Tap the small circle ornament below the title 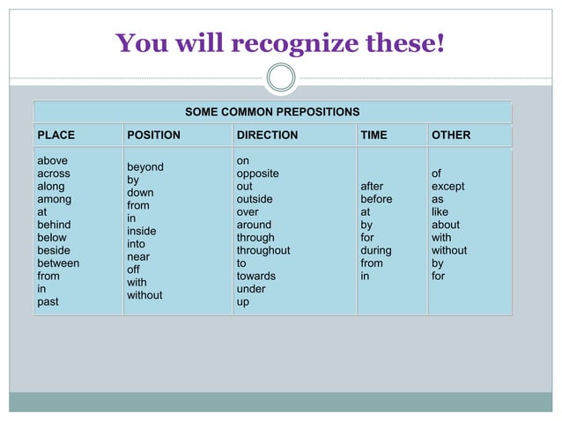coord(281,78)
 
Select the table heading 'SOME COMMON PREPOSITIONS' coord(272,112)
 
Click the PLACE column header coord(55,136)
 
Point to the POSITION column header coord(153,136)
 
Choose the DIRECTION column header coord(267,136)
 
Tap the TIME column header coord(373,136)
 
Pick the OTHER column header coord(451,136)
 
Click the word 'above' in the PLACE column coord(52,161)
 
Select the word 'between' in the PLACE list coord(58,263)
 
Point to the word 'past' coord(48,302)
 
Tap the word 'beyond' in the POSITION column coord(145,167)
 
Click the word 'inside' coord(142,232)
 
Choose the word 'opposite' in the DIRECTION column coord(257,174)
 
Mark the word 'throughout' coord(263,250)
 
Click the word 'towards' coord(255,276)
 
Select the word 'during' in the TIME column coord(376,250)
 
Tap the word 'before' coord(376,199)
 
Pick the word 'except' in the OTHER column coord(447,187)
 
